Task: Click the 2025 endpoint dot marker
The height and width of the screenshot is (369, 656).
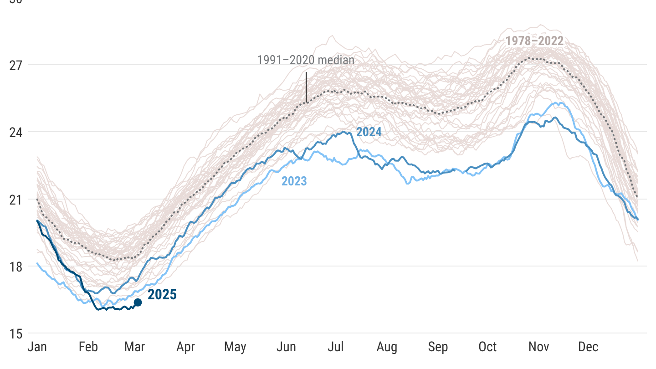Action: tap(138, 302)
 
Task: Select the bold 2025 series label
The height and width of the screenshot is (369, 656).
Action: tap(162, 295)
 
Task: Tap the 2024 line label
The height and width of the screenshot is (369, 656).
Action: tap(369, 132)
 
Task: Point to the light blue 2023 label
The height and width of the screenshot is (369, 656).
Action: tap(294, 181)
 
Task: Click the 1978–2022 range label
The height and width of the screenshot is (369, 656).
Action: tap(534, 41)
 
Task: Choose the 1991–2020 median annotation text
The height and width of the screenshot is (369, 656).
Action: tap(306, 60)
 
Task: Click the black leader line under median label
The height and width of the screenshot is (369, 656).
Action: tap(306, 87)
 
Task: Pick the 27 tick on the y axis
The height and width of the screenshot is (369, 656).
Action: tap(16, 65)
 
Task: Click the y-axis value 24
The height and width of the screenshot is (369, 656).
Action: tap(16, 132)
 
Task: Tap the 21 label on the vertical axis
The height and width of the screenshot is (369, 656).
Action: tap(16, 199)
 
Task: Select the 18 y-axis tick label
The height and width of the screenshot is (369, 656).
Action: tap(16, 266)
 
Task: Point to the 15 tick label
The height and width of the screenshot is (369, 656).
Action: tap(16, 333)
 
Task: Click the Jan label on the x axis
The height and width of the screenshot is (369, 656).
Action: tap(37, 347)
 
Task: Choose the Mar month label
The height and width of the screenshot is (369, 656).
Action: tap(134, 347)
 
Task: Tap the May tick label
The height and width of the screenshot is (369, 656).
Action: tap(235, 347)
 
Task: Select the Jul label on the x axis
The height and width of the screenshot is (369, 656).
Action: tap(336, 347)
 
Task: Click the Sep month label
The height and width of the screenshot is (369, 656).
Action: tap(438, 347)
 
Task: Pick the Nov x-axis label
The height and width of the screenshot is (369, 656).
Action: tap(538, 347)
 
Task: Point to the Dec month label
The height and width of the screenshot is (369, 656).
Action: tap(588, 347)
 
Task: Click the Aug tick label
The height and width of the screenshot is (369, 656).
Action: tap(387, 347)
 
